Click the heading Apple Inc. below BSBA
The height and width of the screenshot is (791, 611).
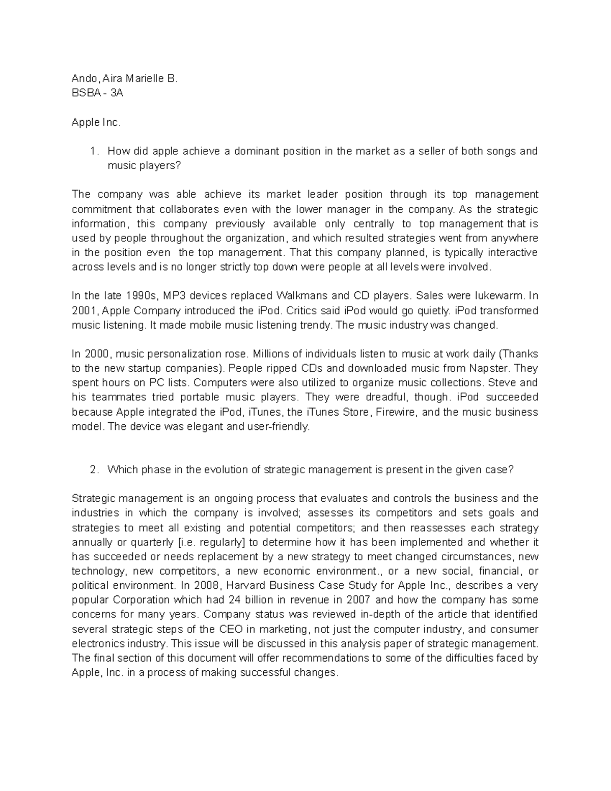(x=96, y=122)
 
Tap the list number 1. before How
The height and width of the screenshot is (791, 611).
(x=93, y=151)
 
